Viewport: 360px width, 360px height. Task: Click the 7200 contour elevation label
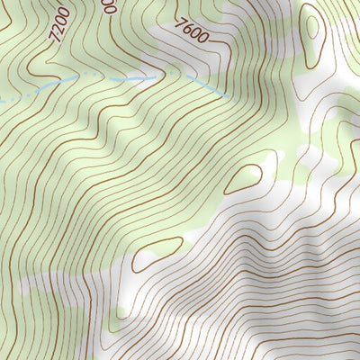point(60,25)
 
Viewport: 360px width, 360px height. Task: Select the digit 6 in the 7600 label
point(186,32)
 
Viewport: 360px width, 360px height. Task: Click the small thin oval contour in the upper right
point(311,26)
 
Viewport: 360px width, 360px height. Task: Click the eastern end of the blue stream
point(222,95)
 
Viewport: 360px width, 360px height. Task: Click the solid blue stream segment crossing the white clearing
point(135,79)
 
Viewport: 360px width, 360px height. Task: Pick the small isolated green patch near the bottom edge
point(121,315)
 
